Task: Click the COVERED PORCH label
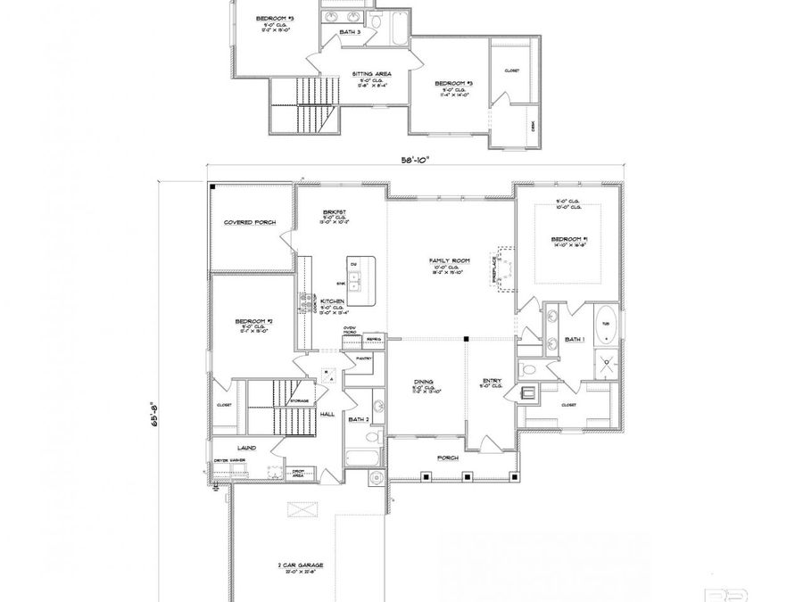click(x=250, y=222)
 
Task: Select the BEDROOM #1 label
click(x=570, y=239)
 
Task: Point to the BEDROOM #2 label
click(x=252, y=321)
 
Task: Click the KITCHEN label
click(x=333, y=302)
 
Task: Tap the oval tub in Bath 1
click(x=606, y=324)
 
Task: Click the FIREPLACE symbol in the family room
click(x=505, y=269)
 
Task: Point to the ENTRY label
click(x=492, y=381)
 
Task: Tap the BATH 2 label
click(x=359, y=418)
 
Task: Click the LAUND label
click(x=247, y=448)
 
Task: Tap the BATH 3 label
click(x=351, y=32)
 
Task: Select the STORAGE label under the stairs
click(x=299, y=401)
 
